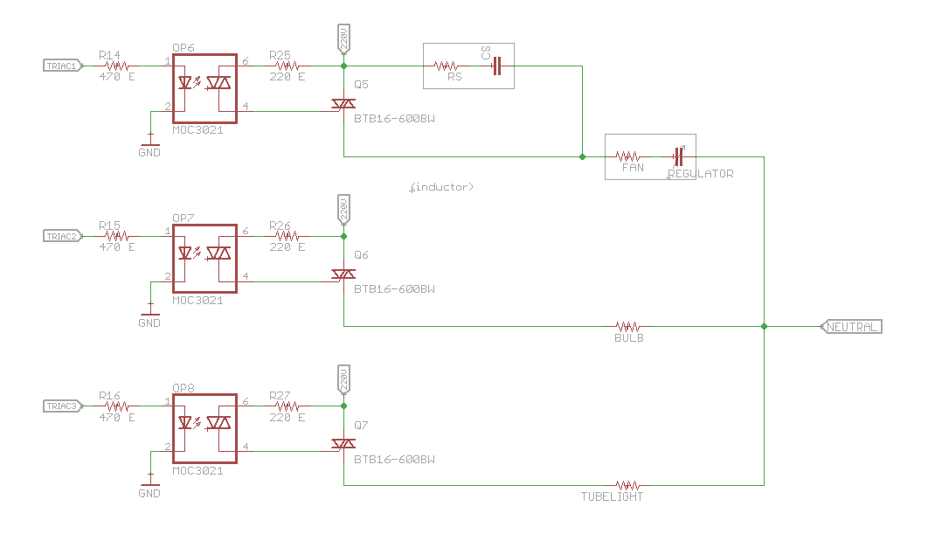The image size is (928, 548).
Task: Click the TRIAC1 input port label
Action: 62,66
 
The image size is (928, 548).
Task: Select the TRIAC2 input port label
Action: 62,236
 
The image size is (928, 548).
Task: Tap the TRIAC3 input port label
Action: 62,406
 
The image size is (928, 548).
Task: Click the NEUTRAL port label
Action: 852,327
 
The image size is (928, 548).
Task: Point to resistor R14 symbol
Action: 117,66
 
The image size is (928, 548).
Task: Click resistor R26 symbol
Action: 287,236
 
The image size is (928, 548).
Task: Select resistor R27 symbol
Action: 287,406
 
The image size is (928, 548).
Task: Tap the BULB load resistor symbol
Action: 628,326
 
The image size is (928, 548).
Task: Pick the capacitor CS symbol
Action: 497,66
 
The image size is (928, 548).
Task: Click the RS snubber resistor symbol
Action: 447,66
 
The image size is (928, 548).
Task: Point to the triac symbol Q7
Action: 343,445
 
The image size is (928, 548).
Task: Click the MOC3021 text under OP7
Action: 197,300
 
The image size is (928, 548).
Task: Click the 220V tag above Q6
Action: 343,209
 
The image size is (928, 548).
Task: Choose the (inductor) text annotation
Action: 441,187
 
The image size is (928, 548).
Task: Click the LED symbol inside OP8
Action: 184,424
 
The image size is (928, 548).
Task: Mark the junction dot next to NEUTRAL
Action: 765,327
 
